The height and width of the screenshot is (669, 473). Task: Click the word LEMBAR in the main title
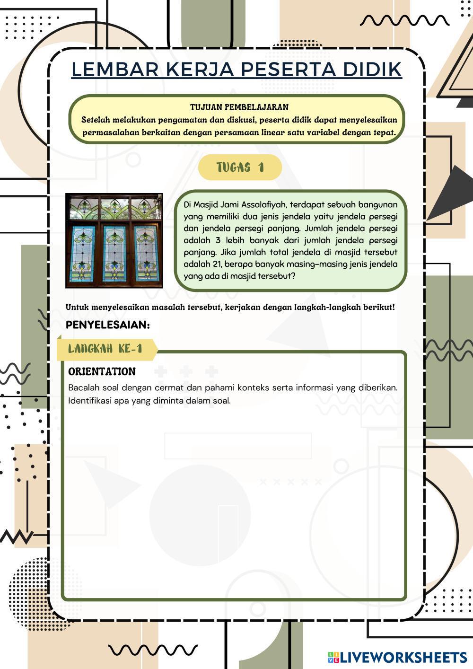point(115,69)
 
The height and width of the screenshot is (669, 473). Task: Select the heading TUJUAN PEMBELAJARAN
point(239,107)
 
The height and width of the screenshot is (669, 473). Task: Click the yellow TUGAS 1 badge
point(240,167)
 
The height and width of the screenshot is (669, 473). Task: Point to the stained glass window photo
point(114,240)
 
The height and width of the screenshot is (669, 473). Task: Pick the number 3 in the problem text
point(218,240)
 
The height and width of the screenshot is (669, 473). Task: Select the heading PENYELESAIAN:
point(108,325)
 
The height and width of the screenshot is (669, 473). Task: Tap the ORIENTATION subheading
point(102,371)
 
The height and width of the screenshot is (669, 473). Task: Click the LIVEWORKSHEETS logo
point(397,657)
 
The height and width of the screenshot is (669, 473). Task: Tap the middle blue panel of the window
point(114,254)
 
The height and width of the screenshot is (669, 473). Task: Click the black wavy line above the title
point(404,20)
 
